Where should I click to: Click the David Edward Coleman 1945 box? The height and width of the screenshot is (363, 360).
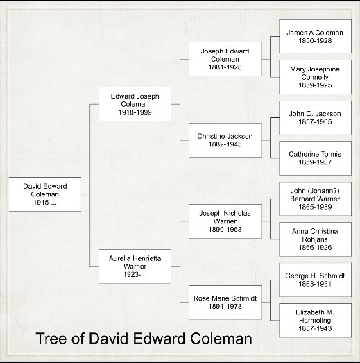point(45,194)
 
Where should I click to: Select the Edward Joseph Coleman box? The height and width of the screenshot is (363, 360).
point(135,104)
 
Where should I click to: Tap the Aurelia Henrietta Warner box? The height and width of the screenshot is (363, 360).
point(135,267)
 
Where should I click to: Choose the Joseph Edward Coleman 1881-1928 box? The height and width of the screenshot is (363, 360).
point(225,59)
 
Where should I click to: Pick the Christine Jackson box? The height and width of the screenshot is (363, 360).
point(225,140)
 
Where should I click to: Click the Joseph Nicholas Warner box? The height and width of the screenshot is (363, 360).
point(225,221)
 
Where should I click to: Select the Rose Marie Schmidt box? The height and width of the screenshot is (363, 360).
point(225,303)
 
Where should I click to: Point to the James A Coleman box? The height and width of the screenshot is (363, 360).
point(315,37)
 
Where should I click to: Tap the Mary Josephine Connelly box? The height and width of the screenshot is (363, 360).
point(315,77)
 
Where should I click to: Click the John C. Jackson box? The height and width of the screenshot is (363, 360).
point(315,117)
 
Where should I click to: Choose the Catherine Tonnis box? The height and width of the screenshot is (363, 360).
point(315,158)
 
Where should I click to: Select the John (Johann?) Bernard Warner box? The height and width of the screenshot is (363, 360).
point(315,199)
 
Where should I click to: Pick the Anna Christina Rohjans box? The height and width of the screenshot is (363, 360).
point(315,239)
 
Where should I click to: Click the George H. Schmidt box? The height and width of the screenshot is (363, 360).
point(315,280)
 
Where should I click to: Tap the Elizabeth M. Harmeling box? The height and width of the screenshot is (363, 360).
point(315,321)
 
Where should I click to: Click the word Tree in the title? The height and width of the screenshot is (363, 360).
point(51,339)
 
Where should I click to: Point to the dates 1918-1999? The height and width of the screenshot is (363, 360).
point(135,112)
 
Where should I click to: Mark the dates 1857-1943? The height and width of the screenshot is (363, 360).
point(315,328)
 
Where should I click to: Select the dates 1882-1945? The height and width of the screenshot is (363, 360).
point(225,144)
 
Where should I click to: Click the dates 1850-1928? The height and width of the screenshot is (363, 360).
point(315,40)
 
